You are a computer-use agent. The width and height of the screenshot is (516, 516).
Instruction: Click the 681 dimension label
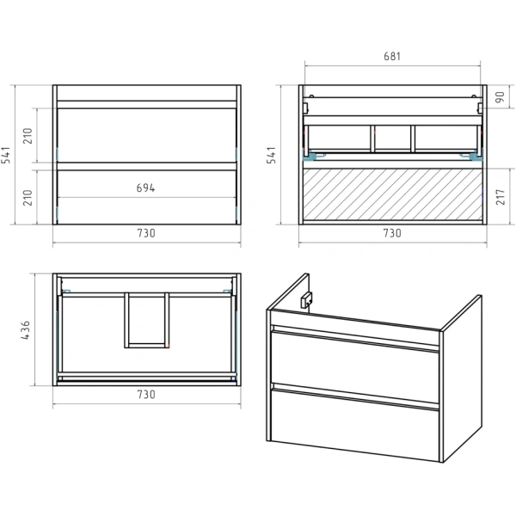pos(392,56)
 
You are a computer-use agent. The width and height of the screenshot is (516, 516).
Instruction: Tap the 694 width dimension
pos(146,187)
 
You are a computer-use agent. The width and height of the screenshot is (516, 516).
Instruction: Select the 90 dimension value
pos(500,97)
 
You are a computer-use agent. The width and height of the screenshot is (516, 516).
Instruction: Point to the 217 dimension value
pos(501,197)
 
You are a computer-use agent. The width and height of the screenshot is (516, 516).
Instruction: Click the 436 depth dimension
pos(25,330)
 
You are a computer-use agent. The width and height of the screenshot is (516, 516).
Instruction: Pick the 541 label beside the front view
pos(6,155)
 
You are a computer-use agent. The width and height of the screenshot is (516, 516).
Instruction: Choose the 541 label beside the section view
pos(271,155)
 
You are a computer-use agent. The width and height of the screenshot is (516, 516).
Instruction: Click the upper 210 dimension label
pos(28,136)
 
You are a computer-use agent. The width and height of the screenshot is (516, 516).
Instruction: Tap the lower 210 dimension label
pos(28,198)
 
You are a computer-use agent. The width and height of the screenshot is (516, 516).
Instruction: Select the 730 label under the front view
pos(146,233)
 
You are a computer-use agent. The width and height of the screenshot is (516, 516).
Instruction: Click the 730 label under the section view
pos(392,233)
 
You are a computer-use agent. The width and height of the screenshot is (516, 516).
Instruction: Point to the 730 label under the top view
pos(146,394)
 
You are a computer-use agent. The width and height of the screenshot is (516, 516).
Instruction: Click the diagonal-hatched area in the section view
pos(393,194)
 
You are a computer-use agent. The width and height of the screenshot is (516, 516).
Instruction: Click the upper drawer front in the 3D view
pos(354,366)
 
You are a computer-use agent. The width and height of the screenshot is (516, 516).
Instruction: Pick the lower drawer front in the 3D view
pos(354,425)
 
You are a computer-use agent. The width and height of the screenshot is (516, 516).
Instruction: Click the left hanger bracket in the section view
pos(310,156)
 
